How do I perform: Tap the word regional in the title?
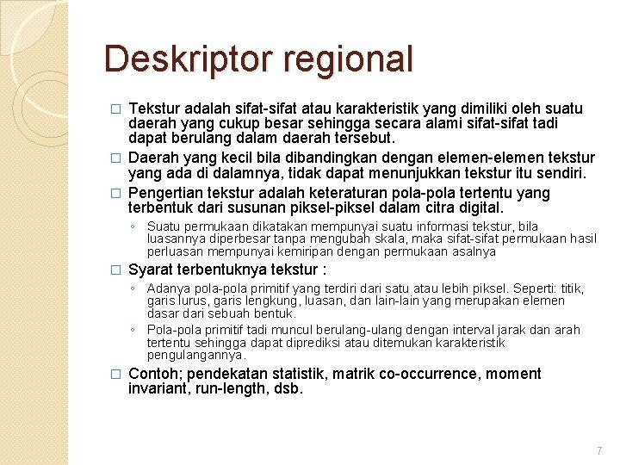coord(346,59)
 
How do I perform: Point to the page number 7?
coord(598,451)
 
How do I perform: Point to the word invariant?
coord(158,389)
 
